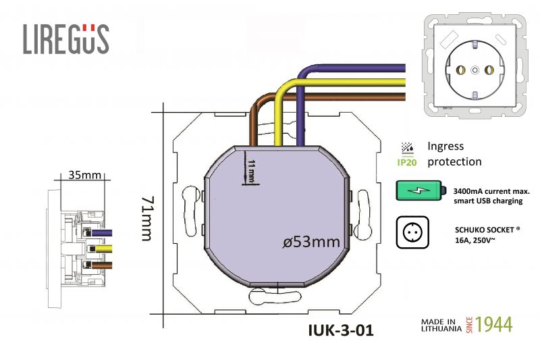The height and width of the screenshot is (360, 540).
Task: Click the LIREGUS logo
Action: (65, 39)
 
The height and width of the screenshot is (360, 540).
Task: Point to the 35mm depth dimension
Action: (85, 176)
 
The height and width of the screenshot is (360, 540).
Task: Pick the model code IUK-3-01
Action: (340, 331)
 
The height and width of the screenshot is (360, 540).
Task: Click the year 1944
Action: (494, 324)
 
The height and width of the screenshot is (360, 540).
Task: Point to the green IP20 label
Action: (407, 163)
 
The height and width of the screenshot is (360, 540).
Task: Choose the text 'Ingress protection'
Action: (454, 154)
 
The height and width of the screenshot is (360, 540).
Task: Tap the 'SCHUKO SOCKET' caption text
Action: (488, 228)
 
